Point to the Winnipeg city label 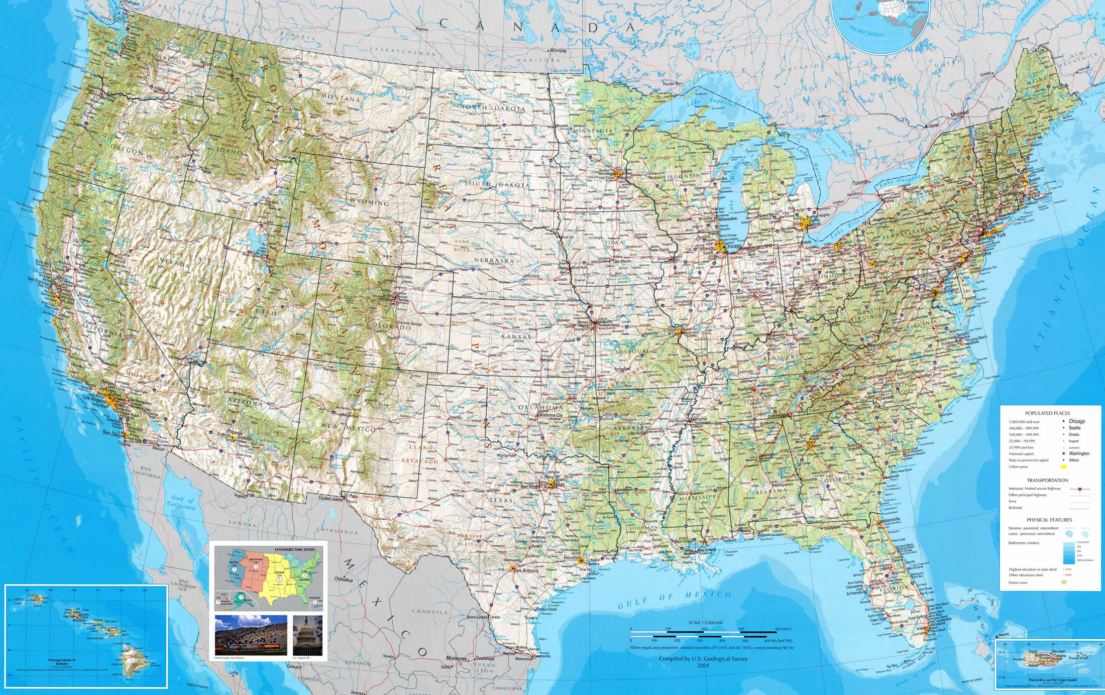click(x=559, y=51)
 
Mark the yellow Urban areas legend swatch click(x=1063, y=467)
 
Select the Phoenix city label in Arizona click(x=235, y=433)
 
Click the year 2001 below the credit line click(x=704, y=666)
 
